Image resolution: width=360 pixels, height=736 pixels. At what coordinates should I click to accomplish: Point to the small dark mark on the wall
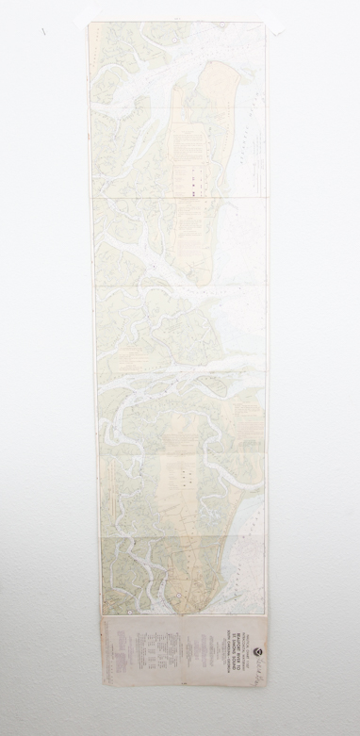click(x=42, y=31)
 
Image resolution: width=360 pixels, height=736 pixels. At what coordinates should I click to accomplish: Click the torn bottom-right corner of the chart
click(x=265, y=680)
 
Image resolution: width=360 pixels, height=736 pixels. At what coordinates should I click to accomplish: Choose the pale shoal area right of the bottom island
click(x=250, y=528)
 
